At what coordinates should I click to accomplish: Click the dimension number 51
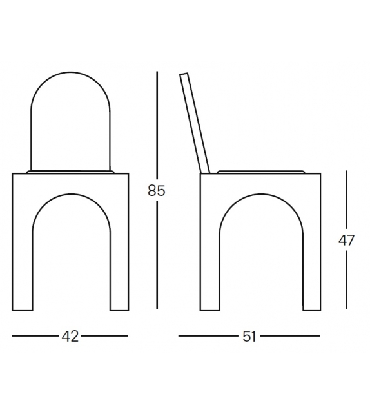pyautogui.click(x=249, y=336)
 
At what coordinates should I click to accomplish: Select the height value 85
pyautogui.click(x=157, y=191)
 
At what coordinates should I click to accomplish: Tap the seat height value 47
pyautogui.click(x=346, y=241)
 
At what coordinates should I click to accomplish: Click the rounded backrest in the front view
pyautogui.click(x=70, y=123)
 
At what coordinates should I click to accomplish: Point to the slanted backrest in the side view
pyautogui.click(x=195, y=123)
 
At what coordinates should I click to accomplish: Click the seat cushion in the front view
pyautogui.click(x=70, y=172)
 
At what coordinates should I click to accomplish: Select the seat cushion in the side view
pyautogui.click(x=260, y=172)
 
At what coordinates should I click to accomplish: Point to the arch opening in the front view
pyautogui.click(x=70, y=258)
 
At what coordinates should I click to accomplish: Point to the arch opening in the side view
pyautogui.click(x=260, y=258)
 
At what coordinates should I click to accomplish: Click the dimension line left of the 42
pyautogui.click(x=35, y=336)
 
